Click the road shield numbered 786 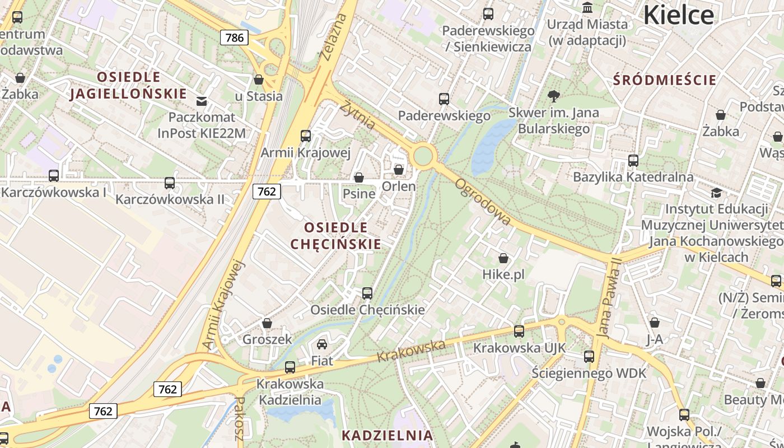coord(234,38)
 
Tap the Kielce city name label coord(678,15)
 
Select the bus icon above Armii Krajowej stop coord(306,136)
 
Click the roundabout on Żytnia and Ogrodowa coord(423,155)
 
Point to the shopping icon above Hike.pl coord(503,258)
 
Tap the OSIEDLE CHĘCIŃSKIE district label coord(336,235)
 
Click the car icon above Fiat coord(322,344)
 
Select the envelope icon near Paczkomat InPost coord(202,101)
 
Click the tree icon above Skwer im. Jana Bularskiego coord(554,96)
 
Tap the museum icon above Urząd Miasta coord(587,8)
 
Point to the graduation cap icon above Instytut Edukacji coord(716,193)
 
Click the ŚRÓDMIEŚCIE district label coord(665,80)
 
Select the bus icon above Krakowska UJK coord(519,331)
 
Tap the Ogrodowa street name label coord(483,202)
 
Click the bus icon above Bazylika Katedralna coord(633,161)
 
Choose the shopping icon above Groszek coord(267,323)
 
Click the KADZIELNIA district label coord(387,435)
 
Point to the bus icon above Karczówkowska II coord(169,183)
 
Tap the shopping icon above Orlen coord(399,169)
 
